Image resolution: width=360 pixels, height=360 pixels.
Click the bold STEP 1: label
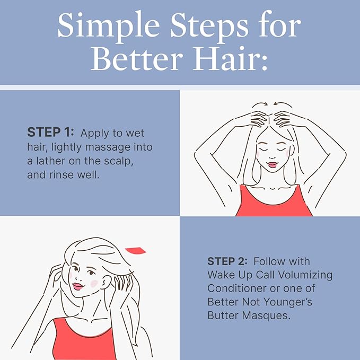[x=51, y=133]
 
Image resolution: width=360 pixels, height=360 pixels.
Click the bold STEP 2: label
[x=229, y=261]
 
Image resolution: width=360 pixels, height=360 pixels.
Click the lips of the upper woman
[x=271, y=165]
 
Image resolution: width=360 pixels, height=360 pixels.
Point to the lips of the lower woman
[x=78, y=287]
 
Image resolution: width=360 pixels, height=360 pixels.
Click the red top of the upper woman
[x=274, y=201]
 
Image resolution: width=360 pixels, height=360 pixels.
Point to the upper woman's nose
[x=271, y=156]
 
